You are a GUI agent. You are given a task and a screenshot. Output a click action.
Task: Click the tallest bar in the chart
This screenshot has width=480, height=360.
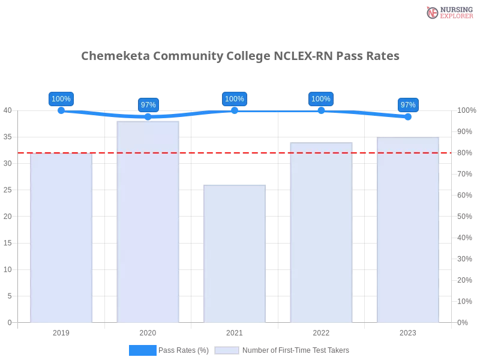coord(148,222)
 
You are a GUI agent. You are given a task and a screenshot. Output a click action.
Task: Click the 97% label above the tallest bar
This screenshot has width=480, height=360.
coord(148,105)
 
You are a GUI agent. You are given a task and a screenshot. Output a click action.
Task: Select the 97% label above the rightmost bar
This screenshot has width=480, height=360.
coord(408,105)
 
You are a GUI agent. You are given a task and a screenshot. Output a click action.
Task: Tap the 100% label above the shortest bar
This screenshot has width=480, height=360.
coord(235,99)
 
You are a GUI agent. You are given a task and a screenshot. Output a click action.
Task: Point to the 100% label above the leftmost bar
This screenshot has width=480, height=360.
coord(61,99)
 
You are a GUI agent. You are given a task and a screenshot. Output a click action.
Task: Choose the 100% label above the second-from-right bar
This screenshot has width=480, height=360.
coord(321,99)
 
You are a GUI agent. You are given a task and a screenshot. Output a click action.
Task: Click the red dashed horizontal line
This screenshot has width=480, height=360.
coord(192,152)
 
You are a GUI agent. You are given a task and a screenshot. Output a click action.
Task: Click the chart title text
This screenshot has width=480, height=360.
coord(242,56)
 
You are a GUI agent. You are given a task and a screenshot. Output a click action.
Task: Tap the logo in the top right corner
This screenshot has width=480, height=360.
coord(448,12)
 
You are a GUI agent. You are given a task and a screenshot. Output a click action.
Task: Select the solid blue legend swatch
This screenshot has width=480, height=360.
coord(142,350)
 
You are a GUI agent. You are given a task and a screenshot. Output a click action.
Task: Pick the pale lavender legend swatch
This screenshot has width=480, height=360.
coord(227,350)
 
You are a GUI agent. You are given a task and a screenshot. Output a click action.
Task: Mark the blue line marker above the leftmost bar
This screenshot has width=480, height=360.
coord(61,111)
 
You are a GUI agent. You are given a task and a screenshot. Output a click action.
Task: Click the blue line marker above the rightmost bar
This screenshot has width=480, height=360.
coord(408,118)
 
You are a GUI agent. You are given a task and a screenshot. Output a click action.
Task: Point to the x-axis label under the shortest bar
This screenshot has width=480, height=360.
coord(235,331)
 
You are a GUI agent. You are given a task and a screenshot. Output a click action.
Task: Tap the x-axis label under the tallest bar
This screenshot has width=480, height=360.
coord(148,331)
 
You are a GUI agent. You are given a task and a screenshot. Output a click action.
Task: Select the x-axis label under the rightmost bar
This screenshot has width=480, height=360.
coord(408,331)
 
